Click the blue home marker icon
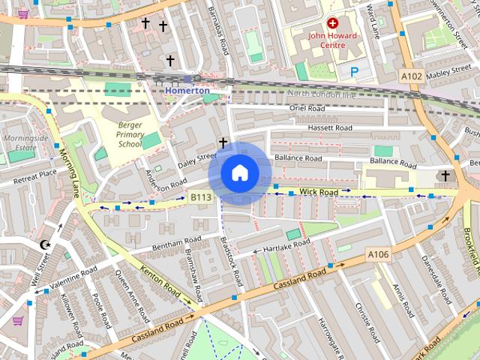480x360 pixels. pos(239,173)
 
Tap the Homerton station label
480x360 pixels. pos(187,90)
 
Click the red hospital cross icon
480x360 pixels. pos(331,23)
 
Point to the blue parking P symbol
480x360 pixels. pos(354,71)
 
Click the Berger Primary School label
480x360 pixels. pos(119,134)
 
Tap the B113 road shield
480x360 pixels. pos(200,197)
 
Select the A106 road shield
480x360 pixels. pos(379,256)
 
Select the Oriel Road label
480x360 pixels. pos(307,108)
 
